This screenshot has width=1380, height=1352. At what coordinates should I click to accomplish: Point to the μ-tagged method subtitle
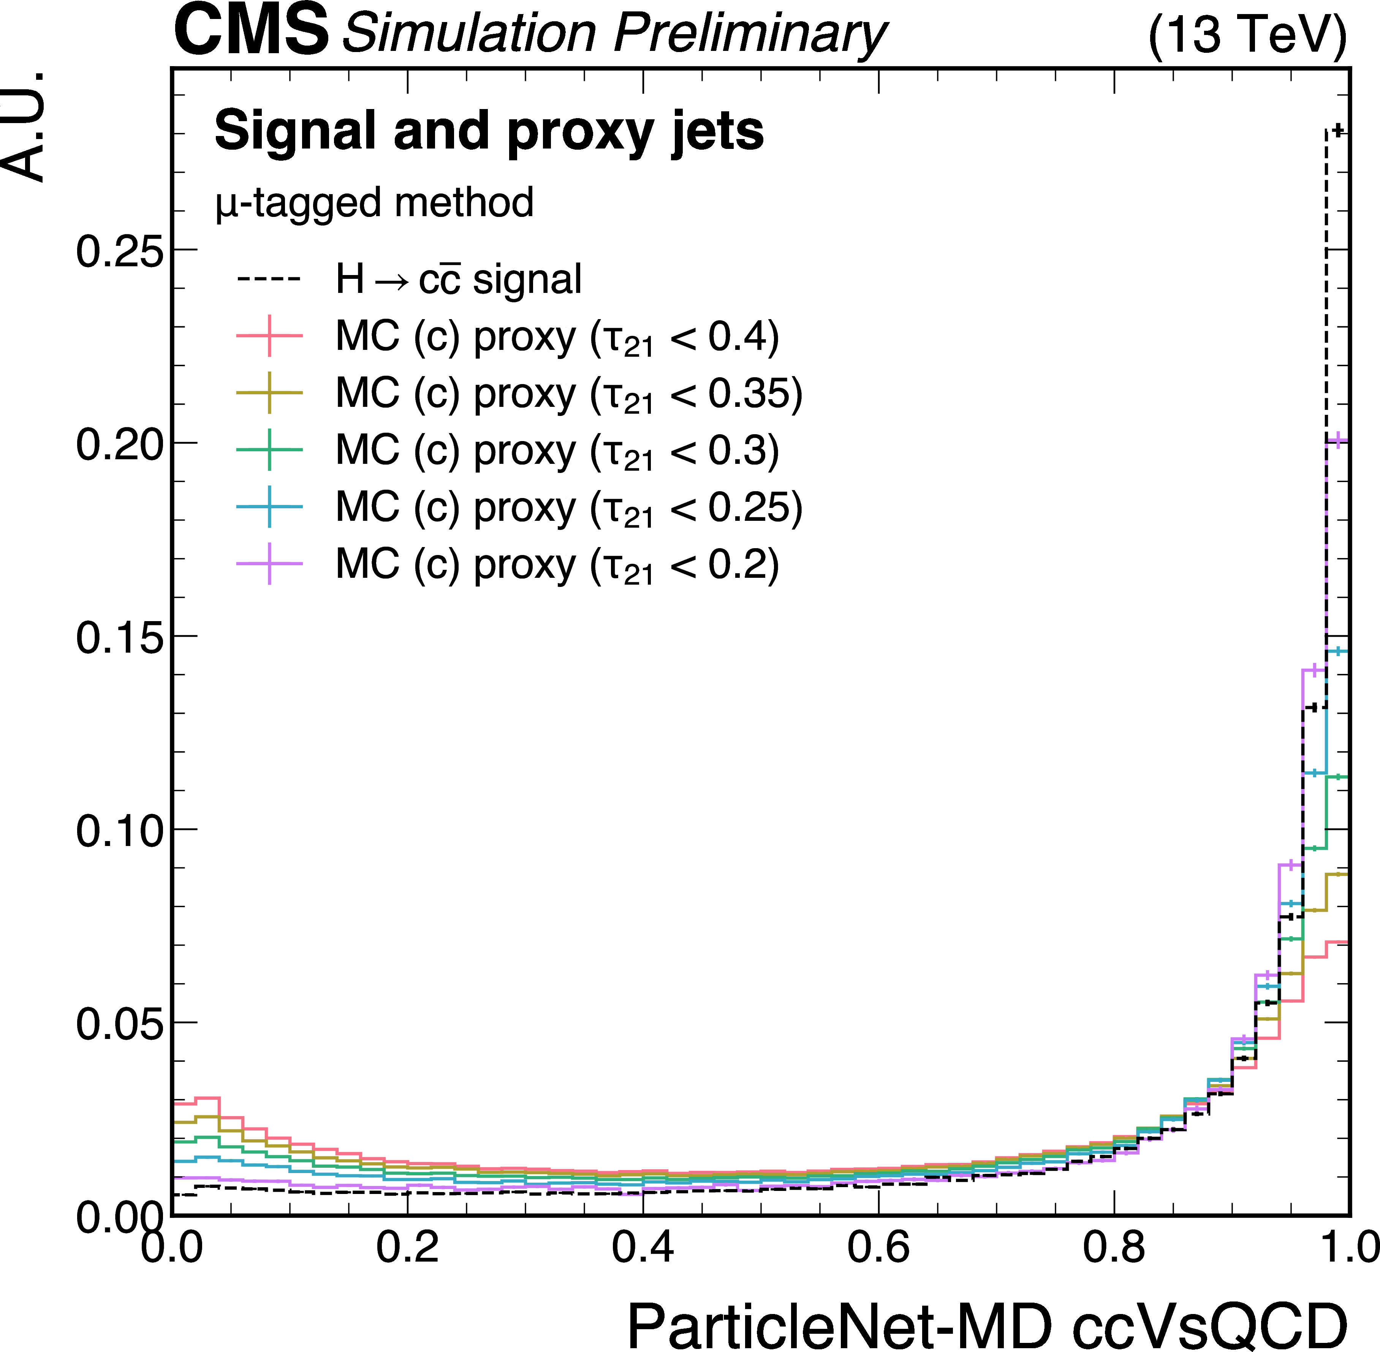pyautogui.click(x=374, y=203)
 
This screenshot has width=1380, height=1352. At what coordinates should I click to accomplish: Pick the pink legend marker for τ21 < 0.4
pyautogui.click(x=269, y=335)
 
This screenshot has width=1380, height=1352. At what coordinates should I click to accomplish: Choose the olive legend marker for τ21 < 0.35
pyautogui.click(x=269, y=393)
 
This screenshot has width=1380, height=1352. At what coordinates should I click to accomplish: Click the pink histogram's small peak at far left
pyautogui.click(x=207, y=1099)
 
